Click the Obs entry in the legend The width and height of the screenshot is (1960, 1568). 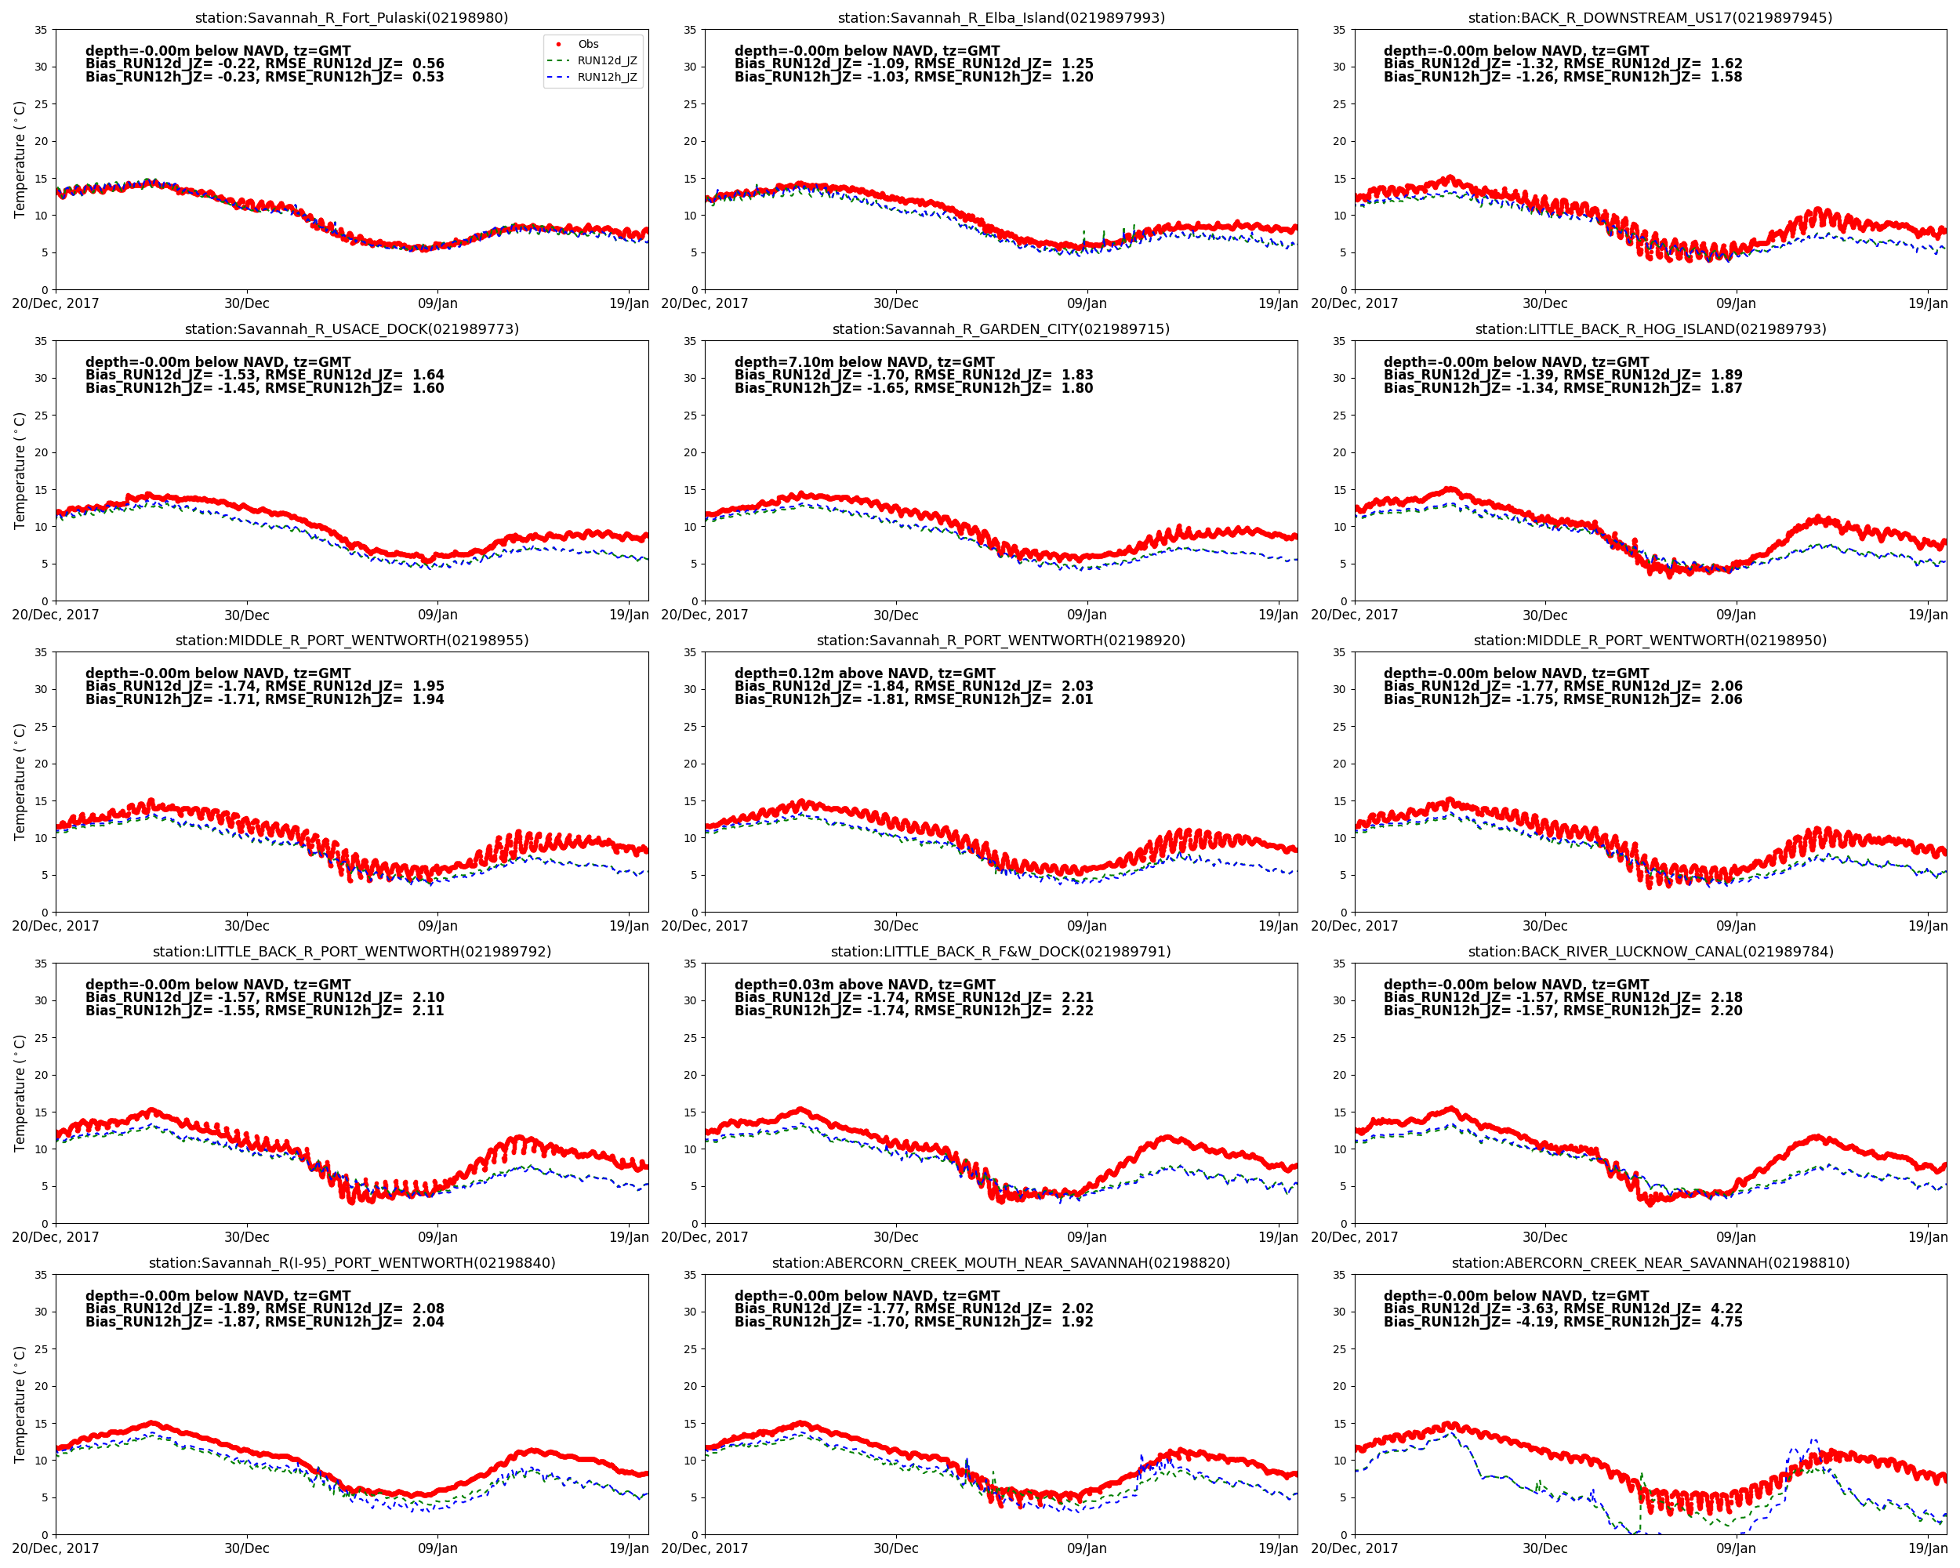(588, 44)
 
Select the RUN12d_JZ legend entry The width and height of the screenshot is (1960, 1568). (606, 61)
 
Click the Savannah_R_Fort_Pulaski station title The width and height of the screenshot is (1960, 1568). (352, 18)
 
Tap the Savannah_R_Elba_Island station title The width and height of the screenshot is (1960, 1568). (1001, 18)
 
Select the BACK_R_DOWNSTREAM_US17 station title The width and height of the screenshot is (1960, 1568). (1650, 18)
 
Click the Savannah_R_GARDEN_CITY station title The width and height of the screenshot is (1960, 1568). (1001, 329)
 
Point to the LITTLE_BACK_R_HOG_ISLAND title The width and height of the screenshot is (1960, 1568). (1650, 329)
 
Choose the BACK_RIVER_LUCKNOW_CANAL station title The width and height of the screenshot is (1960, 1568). (1650, 952)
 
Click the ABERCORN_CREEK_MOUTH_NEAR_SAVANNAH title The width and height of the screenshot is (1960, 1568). (1001, 1262)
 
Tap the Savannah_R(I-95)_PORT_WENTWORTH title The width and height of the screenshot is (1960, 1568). (352, 1262)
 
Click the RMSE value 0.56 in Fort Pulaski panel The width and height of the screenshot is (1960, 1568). (428, 64)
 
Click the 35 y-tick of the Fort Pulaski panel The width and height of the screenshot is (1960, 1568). (41, 30)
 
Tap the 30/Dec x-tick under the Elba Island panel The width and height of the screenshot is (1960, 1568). (895, 303)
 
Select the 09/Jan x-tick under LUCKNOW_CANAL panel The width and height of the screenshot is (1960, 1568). (1736, 1237)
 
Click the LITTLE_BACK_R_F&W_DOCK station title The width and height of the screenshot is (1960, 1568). (1001, 952)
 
